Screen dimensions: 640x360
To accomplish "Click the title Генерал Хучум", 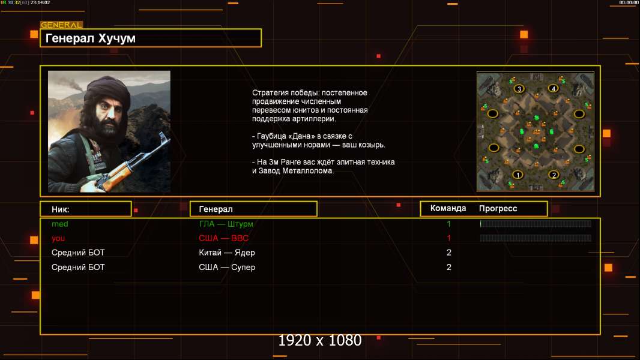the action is (91, 38).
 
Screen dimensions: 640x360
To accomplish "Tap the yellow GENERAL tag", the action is (62, 25).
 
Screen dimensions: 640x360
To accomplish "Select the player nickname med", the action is (60, 224).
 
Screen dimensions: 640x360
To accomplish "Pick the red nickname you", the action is (58, 239).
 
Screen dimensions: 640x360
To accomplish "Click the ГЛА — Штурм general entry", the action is (226, 224).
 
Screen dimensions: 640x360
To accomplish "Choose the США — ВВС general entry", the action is (224, 238).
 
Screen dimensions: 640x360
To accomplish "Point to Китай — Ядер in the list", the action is (227, 253).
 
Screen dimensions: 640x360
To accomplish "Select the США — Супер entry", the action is (227, 268).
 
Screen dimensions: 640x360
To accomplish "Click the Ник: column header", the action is (61, 209).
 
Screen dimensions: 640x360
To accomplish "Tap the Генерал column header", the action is (216, 209).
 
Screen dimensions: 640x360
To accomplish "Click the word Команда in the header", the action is (448, 208).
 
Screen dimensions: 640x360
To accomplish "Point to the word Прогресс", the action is (498, 209).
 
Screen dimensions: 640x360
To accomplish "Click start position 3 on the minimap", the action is (519, 88).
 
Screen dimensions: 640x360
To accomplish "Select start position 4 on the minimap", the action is (553, 88).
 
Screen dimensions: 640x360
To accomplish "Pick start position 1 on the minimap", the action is (518, 175).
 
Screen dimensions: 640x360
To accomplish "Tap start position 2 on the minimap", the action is (554, 175).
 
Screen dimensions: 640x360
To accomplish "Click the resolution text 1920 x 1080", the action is (320, 340).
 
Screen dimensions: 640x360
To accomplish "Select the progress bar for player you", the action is (536, 238).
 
